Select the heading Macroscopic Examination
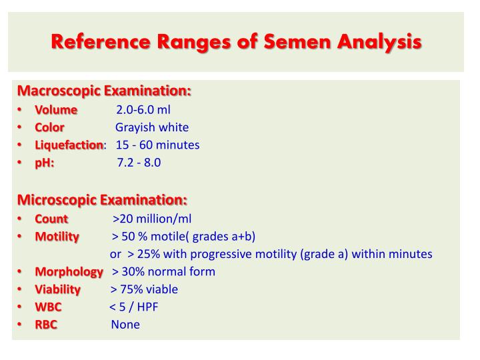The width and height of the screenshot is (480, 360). click(104, 91)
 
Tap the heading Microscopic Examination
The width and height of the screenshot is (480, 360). click(102, 199)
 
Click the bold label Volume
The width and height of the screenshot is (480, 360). click(56, 109)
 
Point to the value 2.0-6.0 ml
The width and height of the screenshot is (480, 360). click(143, 109)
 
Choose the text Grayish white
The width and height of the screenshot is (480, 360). click(152, 127)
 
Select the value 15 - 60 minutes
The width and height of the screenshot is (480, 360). click(157, 145)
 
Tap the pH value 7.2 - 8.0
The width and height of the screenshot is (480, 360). click(139, 163)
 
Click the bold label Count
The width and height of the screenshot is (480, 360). click(51, 218)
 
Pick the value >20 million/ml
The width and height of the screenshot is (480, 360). click(152, 218)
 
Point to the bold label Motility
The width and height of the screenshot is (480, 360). click(57, 236)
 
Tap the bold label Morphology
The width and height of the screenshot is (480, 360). click(69, 271)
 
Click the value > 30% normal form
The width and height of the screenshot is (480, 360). click(163, 271)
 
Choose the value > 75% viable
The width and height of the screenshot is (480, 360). click(144, 289)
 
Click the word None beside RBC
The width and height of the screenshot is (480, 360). click(125, 325)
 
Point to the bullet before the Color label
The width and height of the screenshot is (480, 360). click(21, 127)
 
